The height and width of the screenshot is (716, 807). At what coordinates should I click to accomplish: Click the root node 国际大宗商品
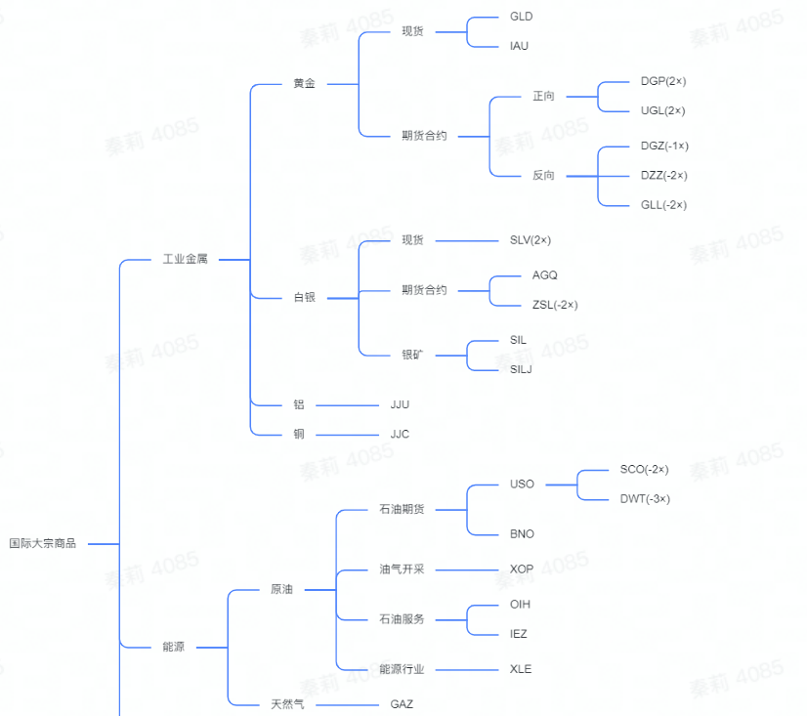click(x=42, y=543)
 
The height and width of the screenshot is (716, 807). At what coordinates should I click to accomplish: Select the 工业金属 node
click(x=185, y=260)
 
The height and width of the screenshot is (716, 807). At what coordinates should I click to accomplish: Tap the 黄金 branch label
click(x=304, y=84)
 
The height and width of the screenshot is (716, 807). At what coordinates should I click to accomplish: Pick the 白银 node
click(x=304, y=297)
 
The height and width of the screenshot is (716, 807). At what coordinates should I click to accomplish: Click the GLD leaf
click(x=521, y=17)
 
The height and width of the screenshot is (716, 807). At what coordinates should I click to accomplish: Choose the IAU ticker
click(x=519, y=46)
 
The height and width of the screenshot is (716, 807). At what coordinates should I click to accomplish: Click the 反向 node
click(x=543, y=176)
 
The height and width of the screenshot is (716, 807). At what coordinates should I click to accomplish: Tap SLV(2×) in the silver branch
click(x=531, y=239)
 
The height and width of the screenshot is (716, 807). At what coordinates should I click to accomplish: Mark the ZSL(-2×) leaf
click(x=555, y=305)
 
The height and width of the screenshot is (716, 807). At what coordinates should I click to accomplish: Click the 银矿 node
click(x=412, y=354)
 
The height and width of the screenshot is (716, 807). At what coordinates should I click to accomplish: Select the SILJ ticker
click(x=521, y=369)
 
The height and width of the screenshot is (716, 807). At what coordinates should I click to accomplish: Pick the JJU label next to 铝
click(x=400, y=403)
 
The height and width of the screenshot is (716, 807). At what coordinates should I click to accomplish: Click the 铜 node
click(x=299, y=434)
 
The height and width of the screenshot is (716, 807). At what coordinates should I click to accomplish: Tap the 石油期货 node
click(x=407, y=509)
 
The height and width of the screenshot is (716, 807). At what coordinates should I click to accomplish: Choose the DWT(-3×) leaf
click(x=645, y=498)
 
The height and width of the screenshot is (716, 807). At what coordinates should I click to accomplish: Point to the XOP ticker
click(x=521, y=569)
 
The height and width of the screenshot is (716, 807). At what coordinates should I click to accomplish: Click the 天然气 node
click(x=287, y=703)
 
